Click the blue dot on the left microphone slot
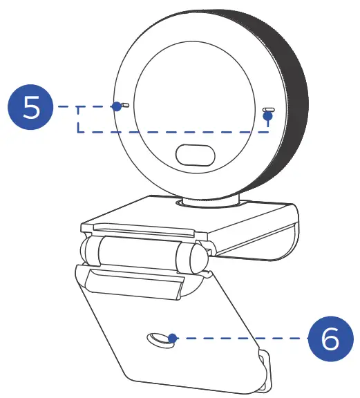[x=117, y=106]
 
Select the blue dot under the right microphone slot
[x=269, y=116]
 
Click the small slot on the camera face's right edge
[x=269, y=109]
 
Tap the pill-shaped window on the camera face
[x=197, y=155]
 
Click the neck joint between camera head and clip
[x=207, y=202]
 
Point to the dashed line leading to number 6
[x=242, y=339]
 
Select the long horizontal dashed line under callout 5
[x=173, y=131]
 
